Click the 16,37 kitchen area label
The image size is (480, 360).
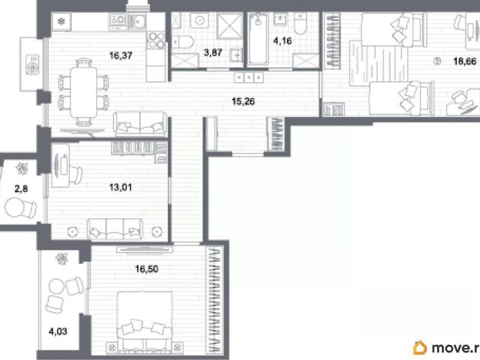coord(121,55)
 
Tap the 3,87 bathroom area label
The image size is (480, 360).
coord(213,52)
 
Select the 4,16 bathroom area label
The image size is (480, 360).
coord(283,40)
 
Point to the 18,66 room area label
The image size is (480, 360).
coord(465,61)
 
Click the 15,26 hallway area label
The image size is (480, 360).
coord(243,101)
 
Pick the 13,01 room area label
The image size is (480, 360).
coord(121,187)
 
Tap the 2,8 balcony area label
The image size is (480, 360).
coord(21,189)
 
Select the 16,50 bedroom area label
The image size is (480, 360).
coord(147,268)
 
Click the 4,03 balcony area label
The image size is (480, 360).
coord(58,331)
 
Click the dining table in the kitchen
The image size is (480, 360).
coord(83,92)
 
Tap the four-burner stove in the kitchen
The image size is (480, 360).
coord(157,40)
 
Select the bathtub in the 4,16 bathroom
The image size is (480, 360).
coord(258,38)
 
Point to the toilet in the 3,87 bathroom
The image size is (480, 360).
coord(183,42)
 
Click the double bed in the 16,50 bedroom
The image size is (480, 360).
coord(145,321)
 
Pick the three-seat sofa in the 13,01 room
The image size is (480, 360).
coord(115,229)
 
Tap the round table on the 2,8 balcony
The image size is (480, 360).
coord(13,208)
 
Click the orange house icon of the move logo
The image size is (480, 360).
coord(420,348)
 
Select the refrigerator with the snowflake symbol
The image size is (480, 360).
coord(61,22)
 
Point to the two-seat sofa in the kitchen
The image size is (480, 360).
coord(140,122)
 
